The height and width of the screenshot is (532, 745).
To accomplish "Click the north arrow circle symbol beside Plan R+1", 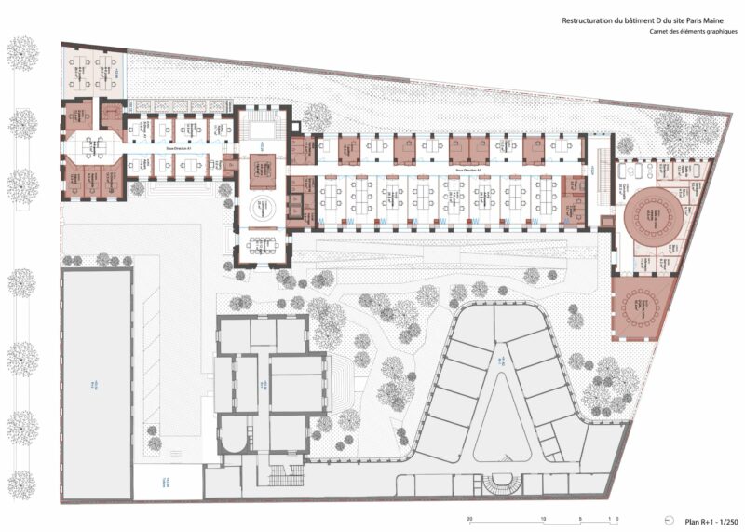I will coord(669,521).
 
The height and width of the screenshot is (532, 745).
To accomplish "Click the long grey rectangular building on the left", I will coord(96,383).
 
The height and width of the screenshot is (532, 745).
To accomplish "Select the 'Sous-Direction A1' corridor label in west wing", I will coord(177,149).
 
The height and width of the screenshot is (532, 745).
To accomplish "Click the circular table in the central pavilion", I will coord(263,210).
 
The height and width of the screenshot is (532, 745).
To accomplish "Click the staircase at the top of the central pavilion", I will coord(264,121).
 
